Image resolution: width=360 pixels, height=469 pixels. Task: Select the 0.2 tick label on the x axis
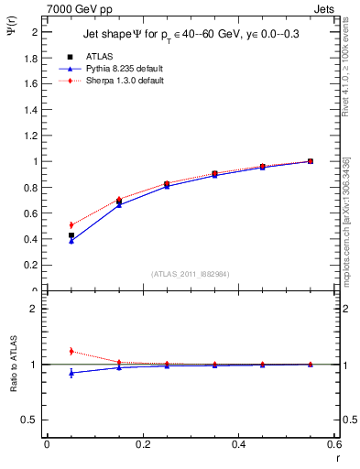[142, 444]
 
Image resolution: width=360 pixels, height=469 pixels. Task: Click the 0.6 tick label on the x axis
[333, 444]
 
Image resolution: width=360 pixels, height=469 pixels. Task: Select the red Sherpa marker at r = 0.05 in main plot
[71, 224]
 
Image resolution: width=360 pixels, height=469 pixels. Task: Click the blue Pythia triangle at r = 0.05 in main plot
[71, 241]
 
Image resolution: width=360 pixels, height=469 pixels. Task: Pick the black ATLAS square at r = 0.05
[71, 235]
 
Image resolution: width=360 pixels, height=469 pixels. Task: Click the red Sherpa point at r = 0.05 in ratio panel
[71, 351]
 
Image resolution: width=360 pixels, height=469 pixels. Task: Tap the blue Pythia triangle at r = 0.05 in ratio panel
[71, 373]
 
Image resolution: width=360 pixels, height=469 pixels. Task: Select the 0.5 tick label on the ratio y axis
[32, 420]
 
